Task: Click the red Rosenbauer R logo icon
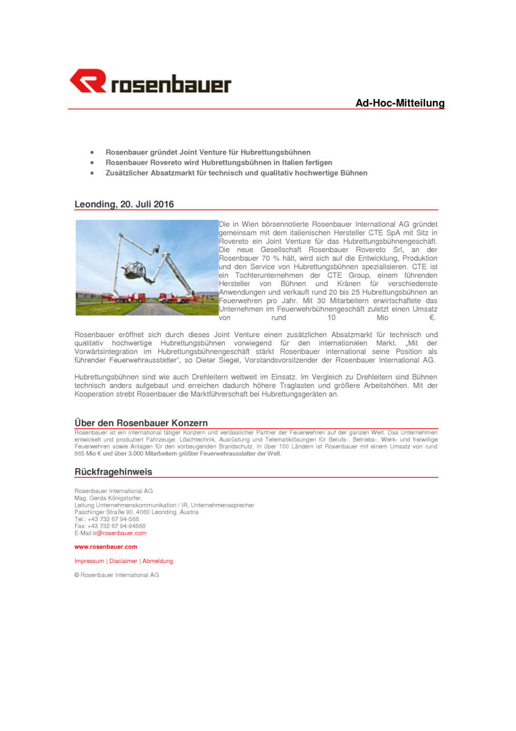88,81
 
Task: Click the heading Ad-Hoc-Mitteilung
400,103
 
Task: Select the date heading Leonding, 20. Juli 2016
124,204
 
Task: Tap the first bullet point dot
92,152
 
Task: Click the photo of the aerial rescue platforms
147,267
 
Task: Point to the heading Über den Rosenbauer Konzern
141,423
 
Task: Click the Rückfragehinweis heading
113,472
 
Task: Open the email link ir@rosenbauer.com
119,533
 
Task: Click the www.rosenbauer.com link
106,547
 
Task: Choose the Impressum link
89,561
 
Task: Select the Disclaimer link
123,561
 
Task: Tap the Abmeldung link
158,561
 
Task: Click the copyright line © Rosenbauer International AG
116,575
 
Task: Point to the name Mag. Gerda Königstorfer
108,498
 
